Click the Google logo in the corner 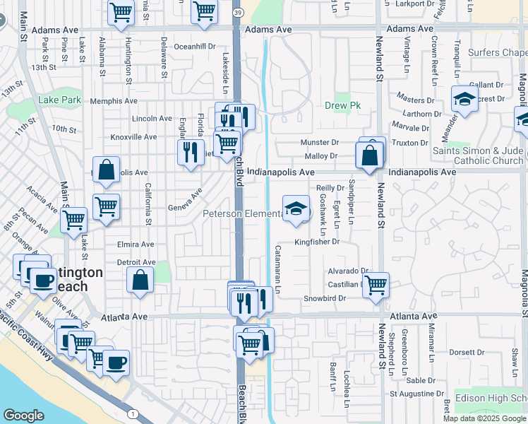tap(23, 416)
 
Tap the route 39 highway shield tap(238, 13)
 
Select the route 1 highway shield tap(132, 413)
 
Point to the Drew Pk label tap(342, 105)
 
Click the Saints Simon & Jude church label tap(477, 155)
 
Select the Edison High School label tap(491, 398)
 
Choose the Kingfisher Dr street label tap(317, 242)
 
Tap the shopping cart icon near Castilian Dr tap(376, 285)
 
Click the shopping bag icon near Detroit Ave tap(140, 279)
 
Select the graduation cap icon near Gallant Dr tap(464, 100)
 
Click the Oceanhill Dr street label tap(194, 46)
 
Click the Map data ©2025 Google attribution tap(485, 418)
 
